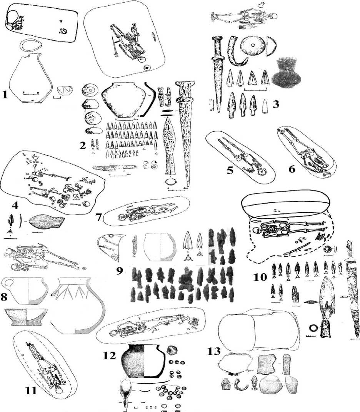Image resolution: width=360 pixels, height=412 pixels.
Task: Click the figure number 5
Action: [230, 170]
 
